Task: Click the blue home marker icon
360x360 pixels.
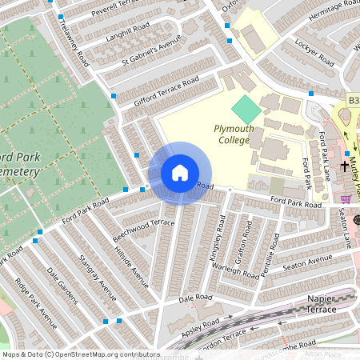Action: coord(179,173)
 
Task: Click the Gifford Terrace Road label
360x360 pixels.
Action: coord(166,90)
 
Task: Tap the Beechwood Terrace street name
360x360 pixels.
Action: coord(143,228)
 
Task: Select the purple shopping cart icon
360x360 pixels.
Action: coord(345,199)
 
